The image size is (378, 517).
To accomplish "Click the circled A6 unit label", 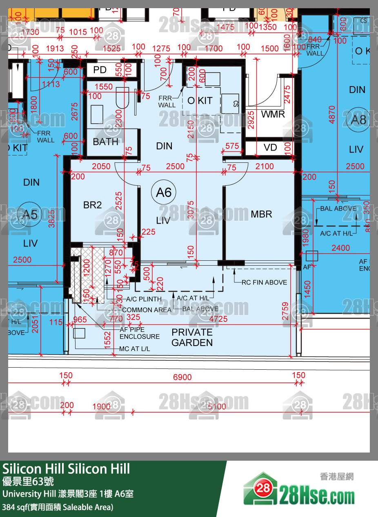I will coord(164,192).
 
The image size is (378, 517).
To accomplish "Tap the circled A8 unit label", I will coord(359,120).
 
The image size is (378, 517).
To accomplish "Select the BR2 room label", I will coord(92,205).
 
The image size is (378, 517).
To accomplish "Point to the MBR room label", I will coord(261,214).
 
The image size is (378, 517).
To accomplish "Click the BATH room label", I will coord(105,142).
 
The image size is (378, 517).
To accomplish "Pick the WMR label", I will coord(273,114).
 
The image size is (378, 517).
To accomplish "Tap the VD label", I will coord(270,147).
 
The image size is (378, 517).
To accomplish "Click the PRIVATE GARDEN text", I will coord(192,337).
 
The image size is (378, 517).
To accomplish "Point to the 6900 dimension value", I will coord(182,377).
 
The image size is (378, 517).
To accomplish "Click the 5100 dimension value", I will coord(217,406).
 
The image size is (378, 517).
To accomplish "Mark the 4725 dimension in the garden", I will coord(218,319).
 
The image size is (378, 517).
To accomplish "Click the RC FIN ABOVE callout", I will coord(264,282).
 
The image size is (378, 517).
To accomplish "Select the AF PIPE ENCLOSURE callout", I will coord(140,333).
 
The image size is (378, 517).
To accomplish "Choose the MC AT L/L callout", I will coord(134,349).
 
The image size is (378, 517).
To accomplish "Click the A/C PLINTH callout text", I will coord(143,299).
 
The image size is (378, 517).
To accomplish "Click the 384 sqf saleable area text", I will coord(58,507).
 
